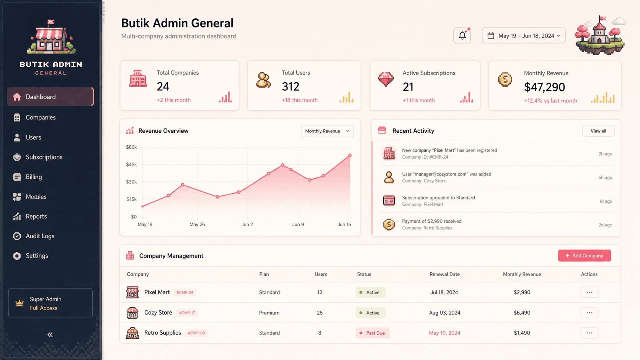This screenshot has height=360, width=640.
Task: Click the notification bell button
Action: coord(462,36)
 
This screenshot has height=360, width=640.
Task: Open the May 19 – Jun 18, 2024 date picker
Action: coord(523,36)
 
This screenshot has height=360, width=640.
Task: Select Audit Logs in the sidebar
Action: coord(40,236)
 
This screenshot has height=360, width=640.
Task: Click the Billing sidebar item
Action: coord(34,177)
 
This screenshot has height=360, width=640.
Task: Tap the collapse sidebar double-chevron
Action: coord(50,335)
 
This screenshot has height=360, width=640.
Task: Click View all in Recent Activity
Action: coord(598,131)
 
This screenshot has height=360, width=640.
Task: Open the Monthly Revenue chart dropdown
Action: coord(327,131)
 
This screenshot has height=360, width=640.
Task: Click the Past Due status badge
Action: coord(372,333)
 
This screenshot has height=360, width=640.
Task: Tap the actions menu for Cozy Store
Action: coord(589,313)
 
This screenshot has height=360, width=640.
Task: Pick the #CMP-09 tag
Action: coord(196,333)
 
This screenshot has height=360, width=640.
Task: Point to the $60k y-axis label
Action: coord(131,147)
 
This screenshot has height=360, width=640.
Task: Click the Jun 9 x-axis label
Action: coord(298,225)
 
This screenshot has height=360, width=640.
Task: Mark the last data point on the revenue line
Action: coord(350,156)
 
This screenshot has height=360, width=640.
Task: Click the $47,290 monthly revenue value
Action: coord(544,87)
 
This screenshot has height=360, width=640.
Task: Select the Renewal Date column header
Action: coord(444,274)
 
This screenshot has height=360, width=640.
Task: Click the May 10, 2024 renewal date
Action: coord(444,333)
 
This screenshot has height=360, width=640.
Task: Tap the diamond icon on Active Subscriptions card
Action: coord(386,79)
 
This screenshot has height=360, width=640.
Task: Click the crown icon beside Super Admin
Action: coord(20,303)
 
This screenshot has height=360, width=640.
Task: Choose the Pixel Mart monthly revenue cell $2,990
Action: coord(522,292)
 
